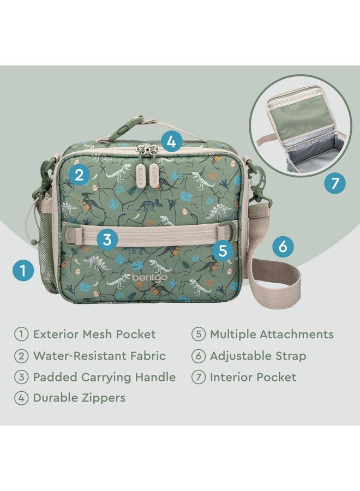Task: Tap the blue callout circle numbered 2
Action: [x=80, y=175]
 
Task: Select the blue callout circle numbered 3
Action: [x=107, y=238]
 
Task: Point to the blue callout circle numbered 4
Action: [x=171, y=142]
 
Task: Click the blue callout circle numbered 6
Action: [x=283, y=247]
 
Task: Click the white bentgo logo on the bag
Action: [x=147, y=278]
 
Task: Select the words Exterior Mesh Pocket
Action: [x=94, y=334]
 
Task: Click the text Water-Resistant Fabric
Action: [x=99, y=356]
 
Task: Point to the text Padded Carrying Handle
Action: [x=104, y=377]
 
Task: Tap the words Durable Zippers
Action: [x=79, y=398]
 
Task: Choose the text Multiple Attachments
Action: [x=272, y=334]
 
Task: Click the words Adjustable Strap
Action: [x=258, y=356]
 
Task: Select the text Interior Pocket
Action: [x=253, y=377]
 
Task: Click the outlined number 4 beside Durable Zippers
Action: [x=21, y=398]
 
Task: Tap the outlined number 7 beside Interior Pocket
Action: [x=198, y=377]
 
